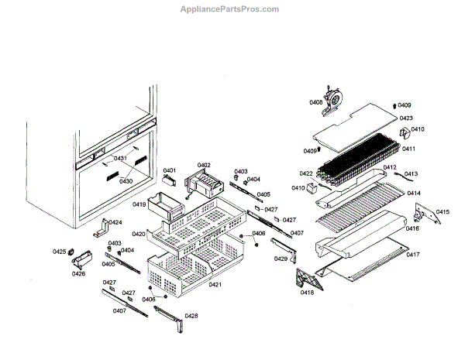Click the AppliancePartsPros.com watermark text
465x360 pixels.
[229, 9]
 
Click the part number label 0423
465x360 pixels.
[405, 118]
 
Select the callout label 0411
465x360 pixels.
[408, 149]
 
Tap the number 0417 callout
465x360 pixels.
[412, 255]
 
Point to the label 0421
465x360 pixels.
[215, 285]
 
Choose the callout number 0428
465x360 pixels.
[191, 316]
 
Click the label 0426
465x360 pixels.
[78, 273]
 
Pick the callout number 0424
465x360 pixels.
[115, 222]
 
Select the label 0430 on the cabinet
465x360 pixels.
[126, 181]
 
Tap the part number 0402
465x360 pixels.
[204, 165]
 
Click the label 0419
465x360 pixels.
[139, 204]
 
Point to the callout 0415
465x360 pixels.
[442, 212]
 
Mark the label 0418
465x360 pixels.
[307, 292]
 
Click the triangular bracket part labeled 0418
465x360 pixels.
[305, 276]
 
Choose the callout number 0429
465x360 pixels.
[281, 259]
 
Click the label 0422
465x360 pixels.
[306, 173]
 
